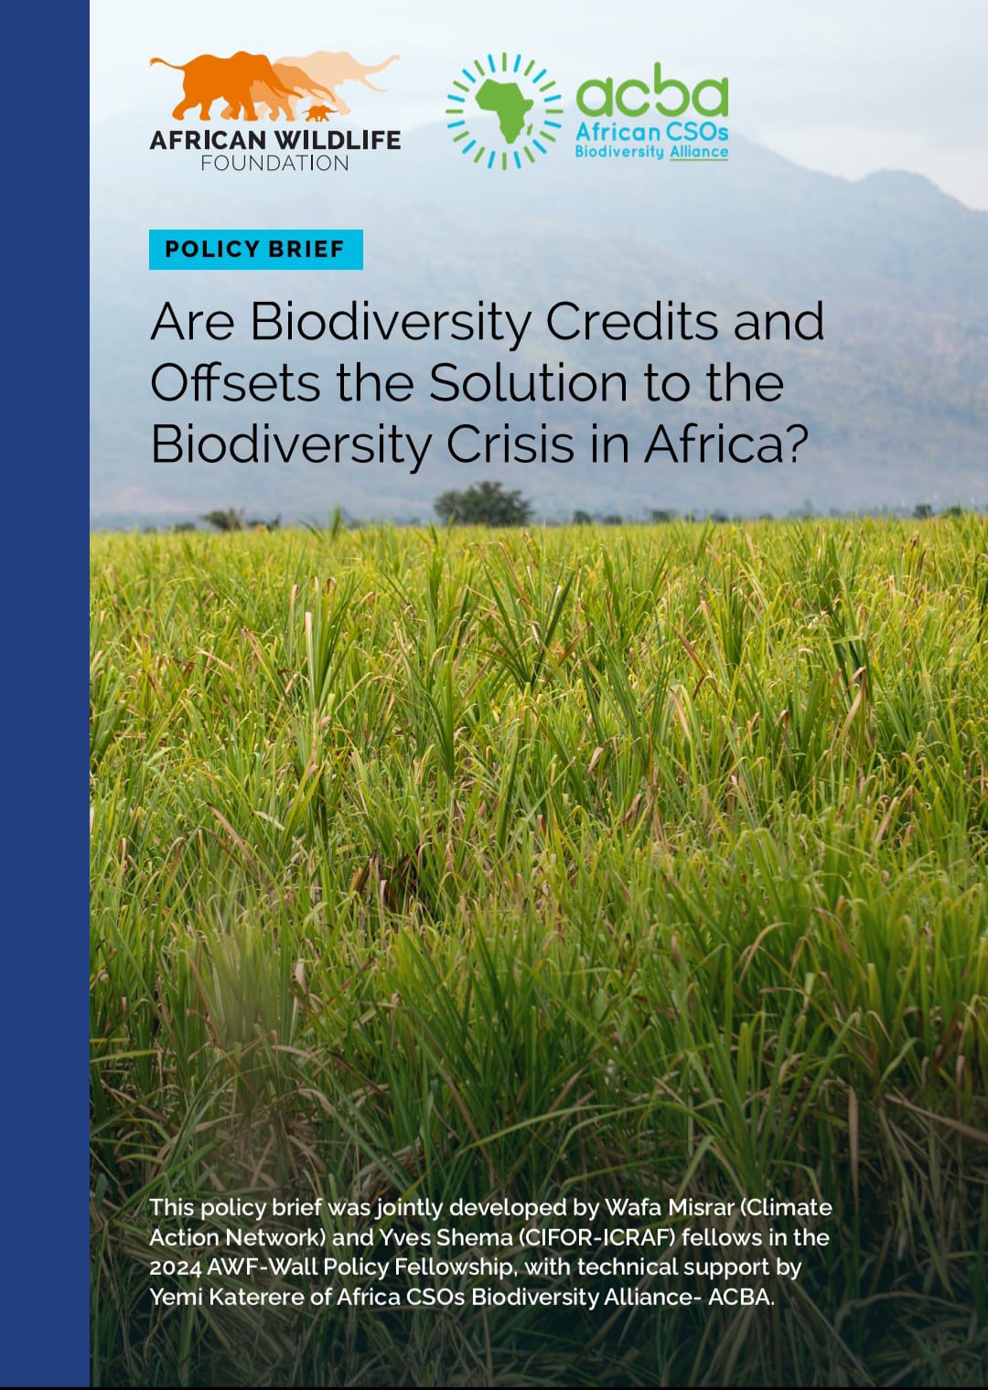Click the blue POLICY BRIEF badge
point(255,249)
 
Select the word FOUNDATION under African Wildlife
point(274,164)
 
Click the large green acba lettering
point(651,94)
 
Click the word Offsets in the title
point(235,383)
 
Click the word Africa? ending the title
point(726,444)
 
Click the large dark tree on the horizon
point(482,503)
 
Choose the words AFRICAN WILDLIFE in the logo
point(274,140)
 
